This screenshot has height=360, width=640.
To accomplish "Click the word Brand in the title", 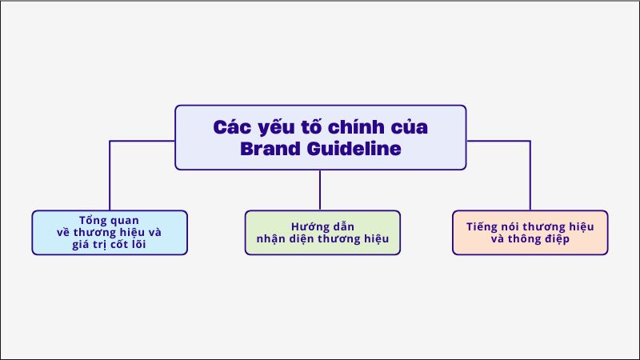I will (x=270, y=149).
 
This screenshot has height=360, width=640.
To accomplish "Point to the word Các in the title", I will (x=231, y=126).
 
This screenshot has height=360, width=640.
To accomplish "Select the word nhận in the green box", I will (x=272, y=239).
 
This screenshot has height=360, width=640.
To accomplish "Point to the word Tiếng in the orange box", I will (x=482, y=226).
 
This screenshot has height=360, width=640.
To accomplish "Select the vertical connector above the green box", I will (x=320, y=190).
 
